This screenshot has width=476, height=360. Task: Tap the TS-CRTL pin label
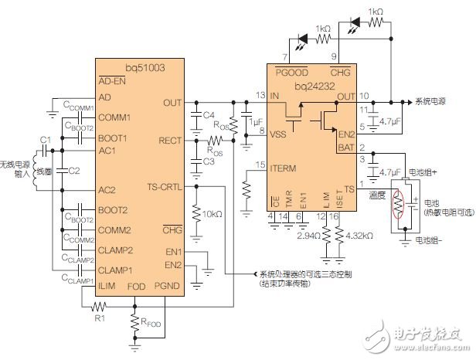click(x=165, y=186)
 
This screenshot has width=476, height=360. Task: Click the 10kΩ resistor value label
click(x=212, y=212)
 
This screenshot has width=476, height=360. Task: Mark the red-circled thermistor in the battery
click(x=399, y=209)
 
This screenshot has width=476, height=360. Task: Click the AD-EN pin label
click(x=113, y=80)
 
